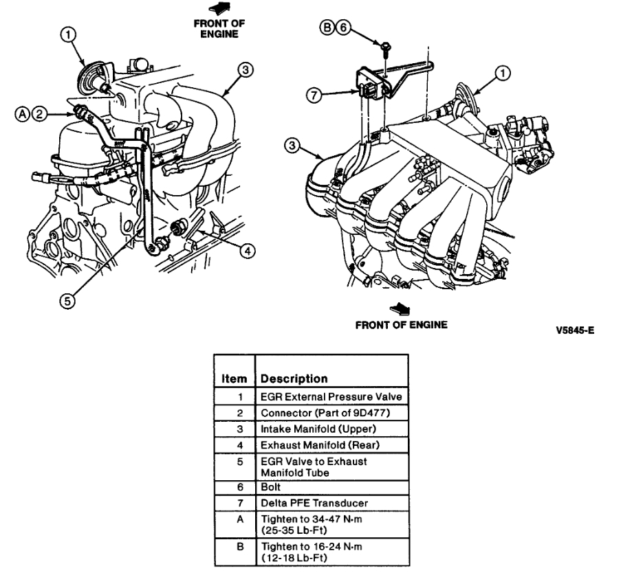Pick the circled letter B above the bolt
tap(329, 27)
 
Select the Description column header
tap(294, 379)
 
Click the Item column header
tap(233, 379)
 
